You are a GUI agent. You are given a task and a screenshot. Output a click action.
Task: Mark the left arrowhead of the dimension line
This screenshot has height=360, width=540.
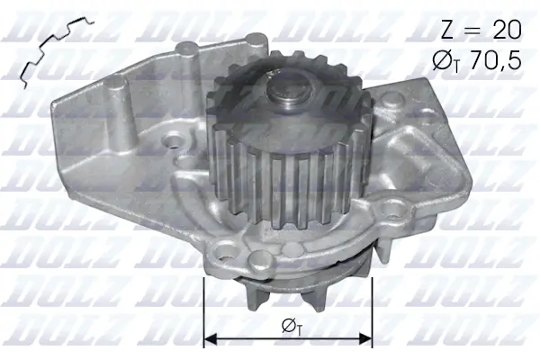pos(212,339)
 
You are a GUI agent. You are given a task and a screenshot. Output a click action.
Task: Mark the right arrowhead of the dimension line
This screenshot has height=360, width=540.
pos(365,339)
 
